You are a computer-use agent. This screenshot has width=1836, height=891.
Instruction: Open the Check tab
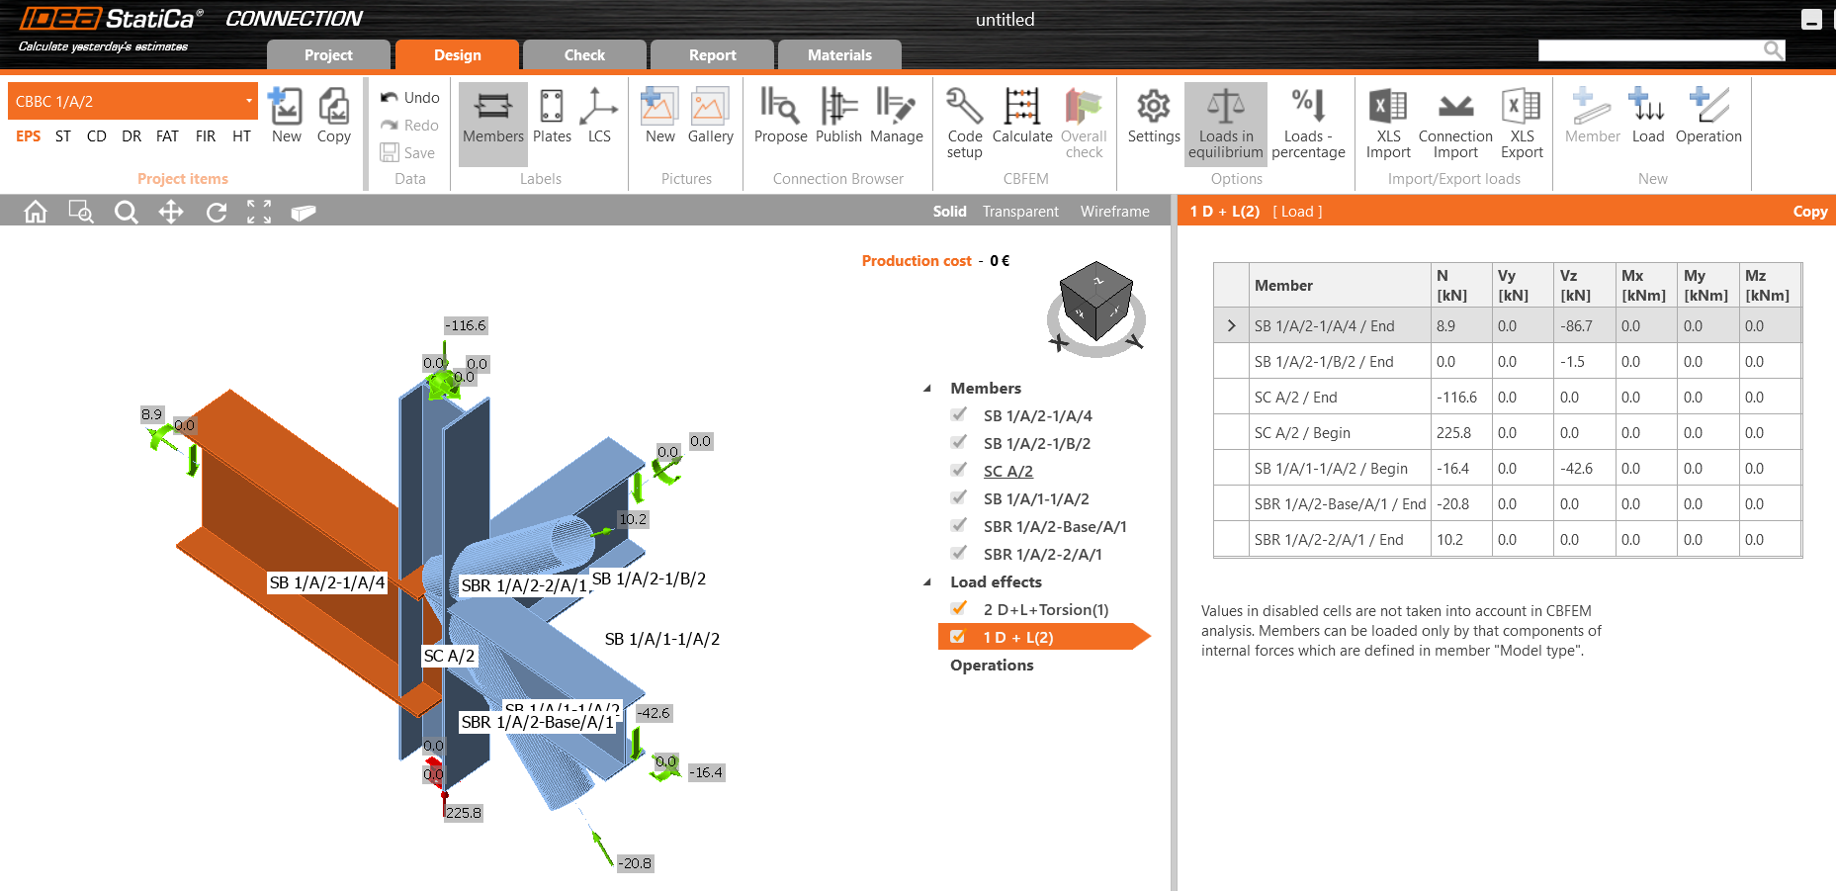[583, 55]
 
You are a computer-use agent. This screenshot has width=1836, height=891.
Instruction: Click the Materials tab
[838, 55]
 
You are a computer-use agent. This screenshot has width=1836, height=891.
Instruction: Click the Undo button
[410, 98]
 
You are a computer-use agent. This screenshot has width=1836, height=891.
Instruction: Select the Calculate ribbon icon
[1021, 117]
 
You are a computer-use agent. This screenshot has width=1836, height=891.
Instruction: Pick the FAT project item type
[167, 136]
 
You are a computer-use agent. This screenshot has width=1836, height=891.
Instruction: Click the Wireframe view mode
[1114, 212]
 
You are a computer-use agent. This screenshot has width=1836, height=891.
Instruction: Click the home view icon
[36, 212]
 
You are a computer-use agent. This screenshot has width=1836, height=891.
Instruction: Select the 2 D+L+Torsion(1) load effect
[1045, 610]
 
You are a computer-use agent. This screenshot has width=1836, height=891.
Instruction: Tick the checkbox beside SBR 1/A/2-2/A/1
[958, 554]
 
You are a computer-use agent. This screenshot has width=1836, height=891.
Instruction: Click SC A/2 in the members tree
[1007, 472]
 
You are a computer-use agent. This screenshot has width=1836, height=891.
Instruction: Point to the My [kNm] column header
[1705, 285]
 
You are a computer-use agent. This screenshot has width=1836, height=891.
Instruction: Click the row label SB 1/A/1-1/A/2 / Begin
[1330, 469]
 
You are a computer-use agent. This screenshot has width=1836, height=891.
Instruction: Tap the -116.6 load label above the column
[466, 325]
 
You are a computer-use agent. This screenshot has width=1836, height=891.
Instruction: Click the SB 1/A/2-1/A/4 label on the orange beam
[327, 583]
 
